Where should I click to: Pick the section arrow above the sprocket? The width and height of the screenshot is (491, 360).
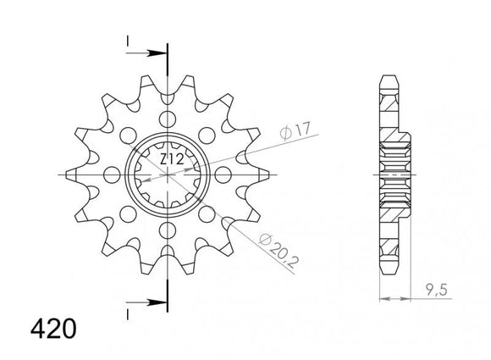click(149, 52)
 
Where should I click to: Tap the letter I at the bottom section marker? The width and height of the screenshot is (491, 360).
click(127, 314)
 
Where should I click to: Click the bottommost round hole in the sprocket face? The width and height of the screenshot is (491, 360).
click(169, 230)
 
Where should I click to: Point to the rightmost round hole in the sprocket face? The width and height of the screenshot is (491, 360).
click(226, 174)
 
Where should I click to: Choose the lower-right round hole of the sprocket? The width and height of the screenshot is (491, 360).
click(209, 214)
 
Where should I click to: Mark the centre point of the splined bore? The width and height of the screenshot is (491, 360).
click(169, 174)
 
